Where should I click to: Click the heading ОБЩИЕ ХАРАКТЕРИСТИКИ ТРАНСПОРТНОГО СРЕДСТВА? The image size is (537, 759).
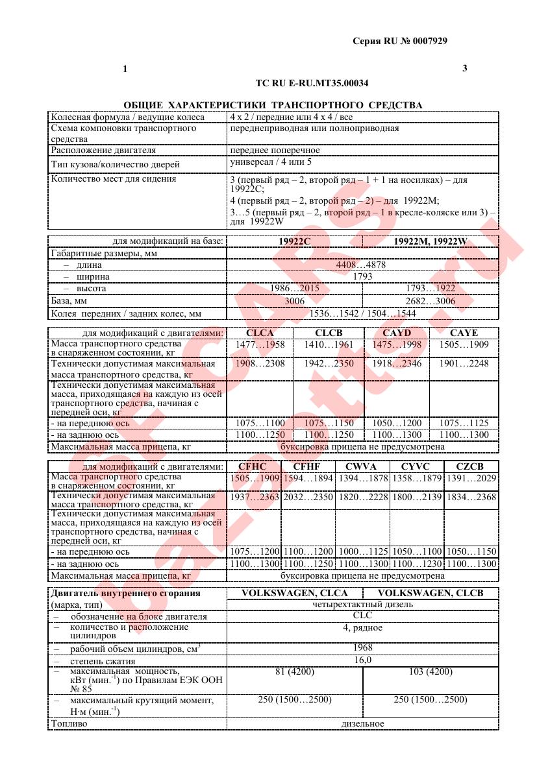click(x=273, y=105)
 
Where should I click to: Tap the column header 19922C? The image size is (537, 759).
click(x=295, y=241)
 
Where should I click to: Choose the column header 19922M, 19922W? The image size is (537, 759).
click(x=431, y=241)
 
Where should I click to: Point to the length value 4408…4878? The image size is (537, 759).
click(x=362, y=265)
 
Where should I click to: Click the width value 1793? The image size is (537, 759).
click(x=362, y=276)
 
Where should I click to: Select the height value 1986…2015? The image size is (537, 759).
click(x=295, y=288)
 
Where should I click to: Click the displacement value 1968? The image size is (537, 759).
click(x=362, y=647)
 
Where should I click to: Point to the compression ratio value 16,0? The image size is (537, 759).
click(x=362, y=660)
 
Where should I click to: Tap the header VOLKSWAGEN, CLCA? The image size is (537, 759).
click(x=294, y=592)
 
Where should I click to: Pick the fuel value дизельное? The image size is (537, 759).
click(x=362, y=723)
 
